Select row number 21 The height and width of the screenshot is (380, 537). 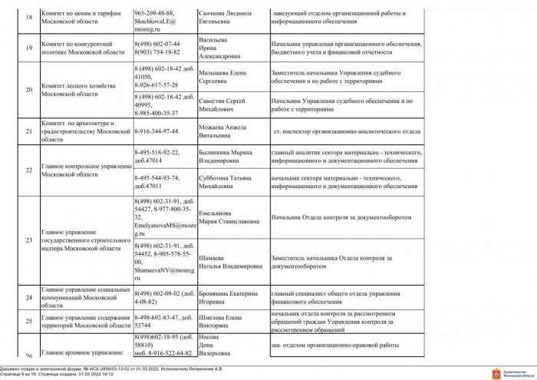[x=29, y=131]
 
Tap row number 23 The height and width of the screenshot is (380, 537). [x=29, y=240]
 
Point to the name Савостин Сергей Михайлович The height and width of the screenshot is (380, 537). [x=224, y=105]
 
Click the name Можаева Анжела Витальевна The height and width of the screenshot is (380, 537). [x=222, y=131]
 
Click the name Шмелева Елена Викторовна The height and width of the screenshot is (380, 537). [x=220, y=319]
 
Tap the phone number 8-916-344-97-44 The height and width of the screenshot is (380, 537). [x=156, y=131]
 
